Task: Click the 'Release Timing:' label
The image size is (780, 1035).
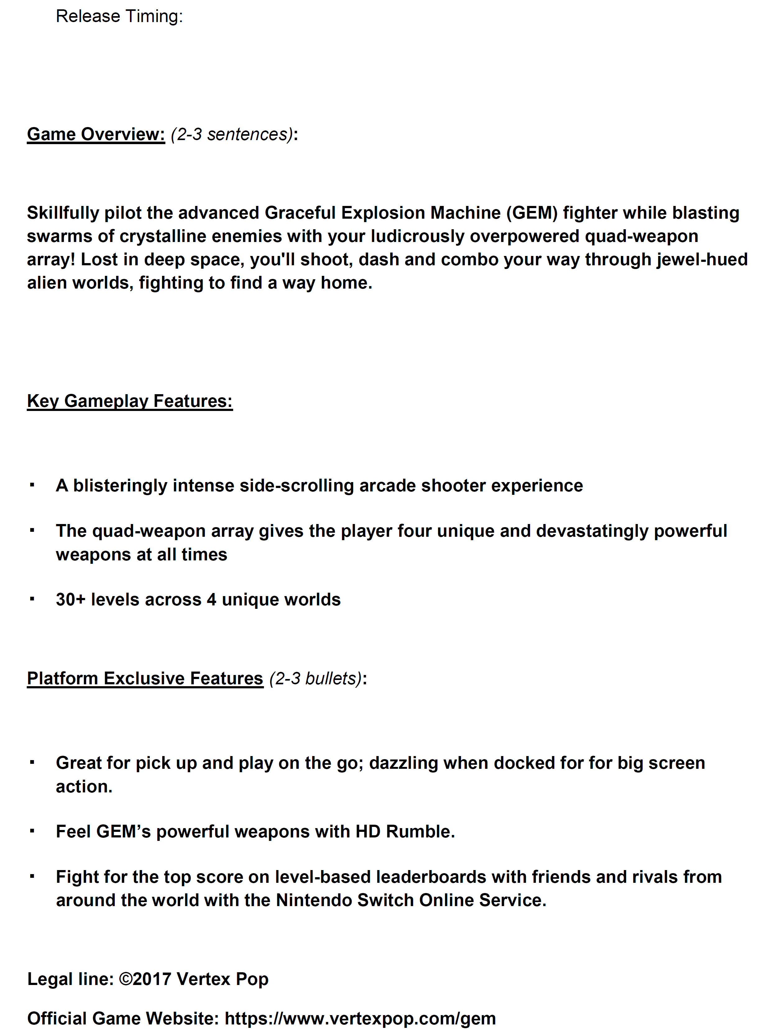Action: click(x=119, y=16)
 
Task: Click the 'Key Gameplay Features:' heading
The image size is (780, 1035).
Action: click(x=130, y=401)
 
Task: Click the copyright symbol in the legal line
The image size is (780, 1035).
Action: click(x=125, y=979)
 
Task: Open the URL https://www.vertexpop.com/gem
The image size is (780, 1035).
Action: click(x=360, y=1019)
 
